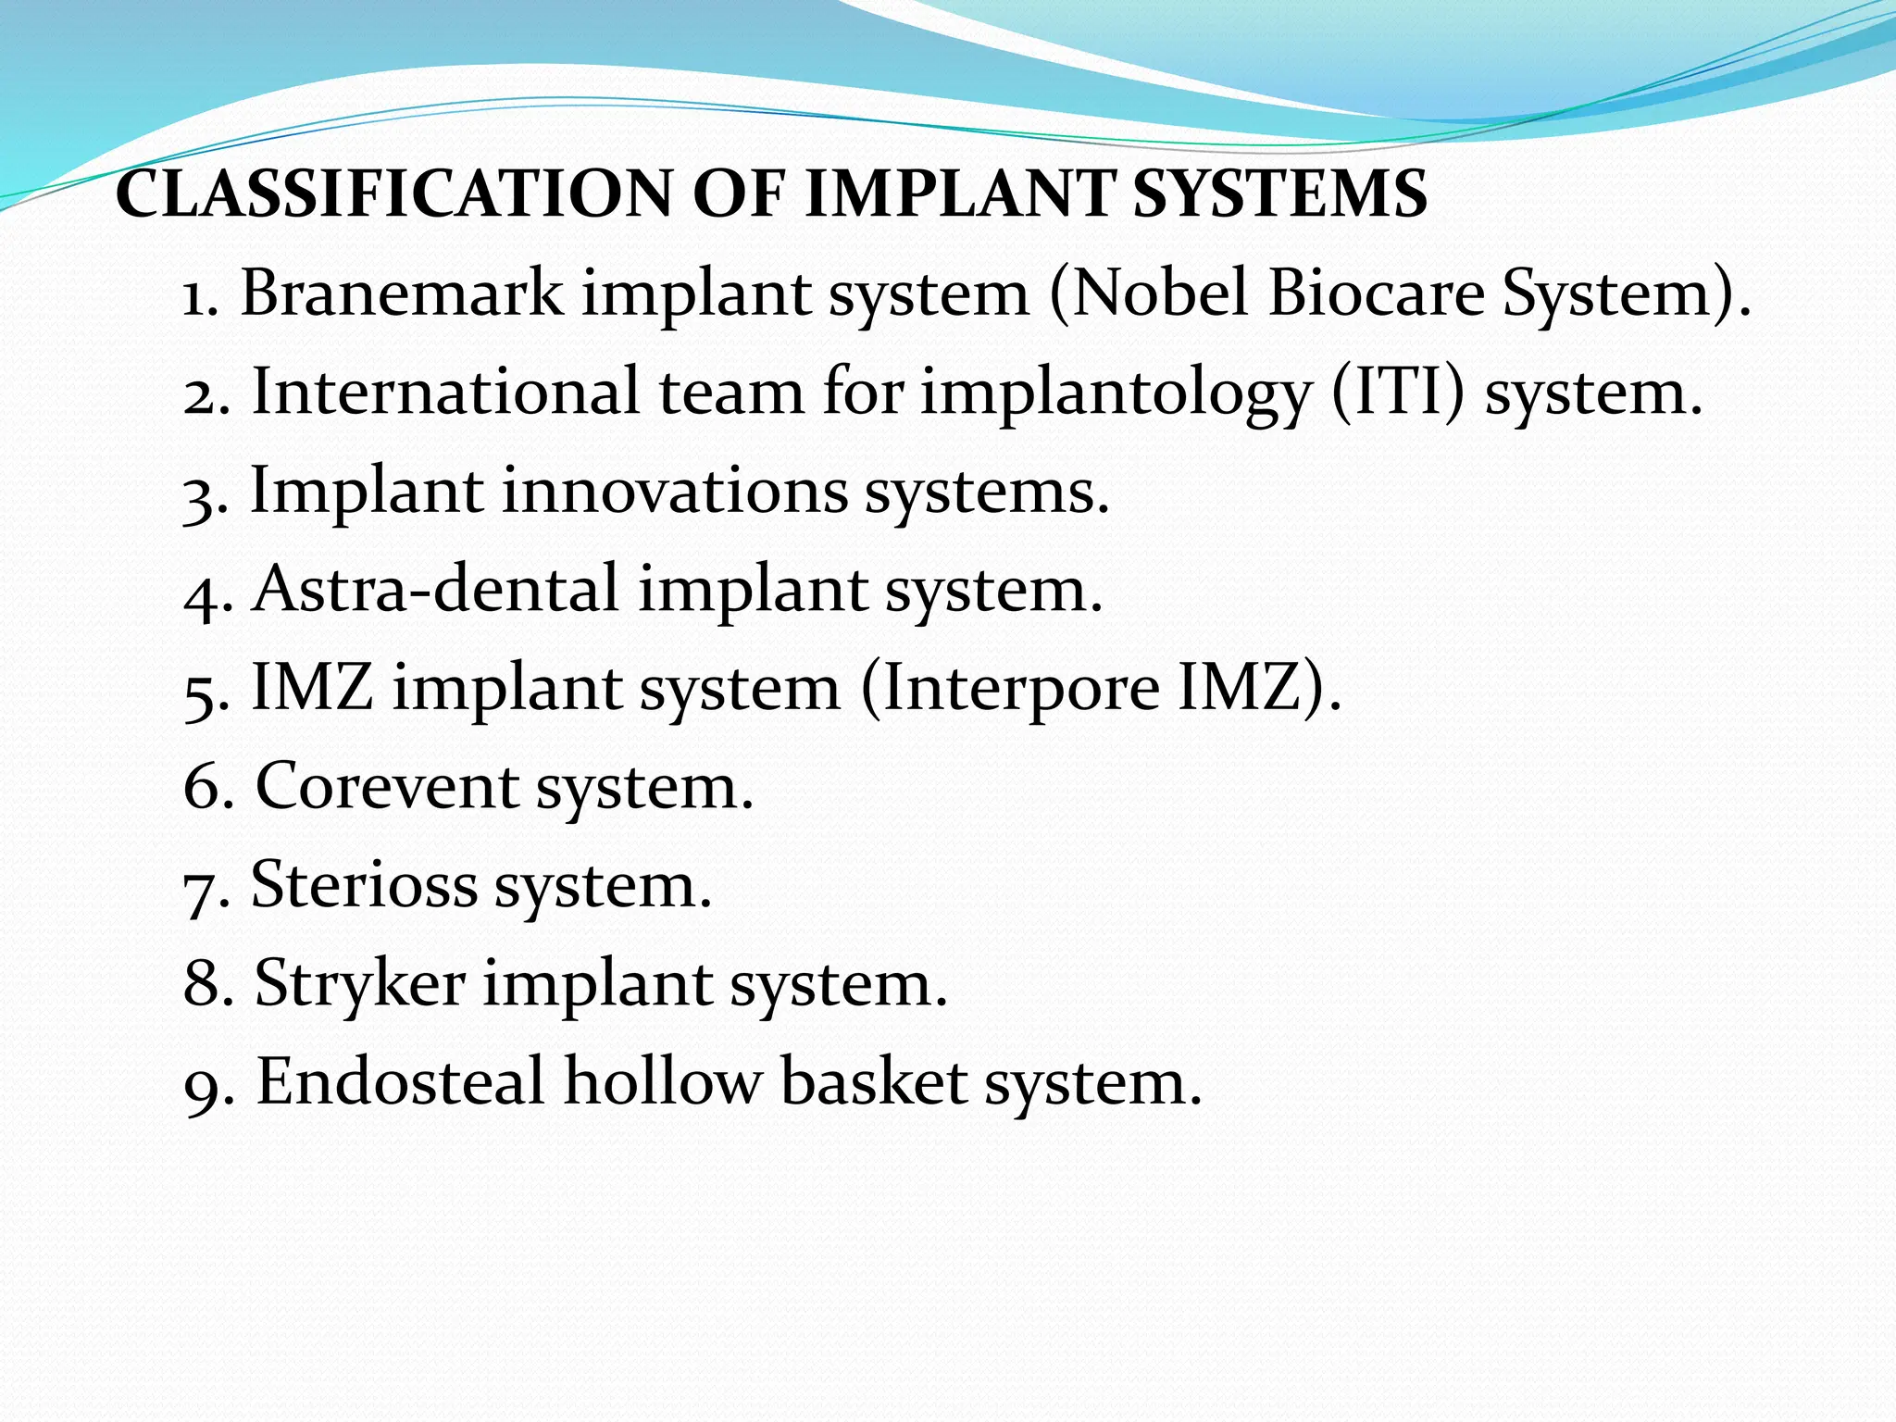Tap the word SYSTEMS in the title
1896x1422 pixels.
tap(1279, 194)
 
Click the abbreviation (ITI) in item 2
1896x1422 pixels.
tap(1398, 393)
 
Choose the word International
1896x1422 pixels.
tap(444, 393)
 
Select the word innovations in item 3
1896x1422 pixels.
tap(675, 491)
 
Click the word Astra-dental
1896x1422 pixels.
tap(435, 590)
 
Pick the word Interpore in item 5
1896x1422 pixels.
tap(1010, 690)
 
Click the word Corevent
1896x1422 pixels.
tap(386, 788)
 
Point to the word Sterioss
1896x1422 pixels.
tap(364, 886)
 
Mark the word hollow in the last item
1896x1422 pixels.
tap(662, 1082)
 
